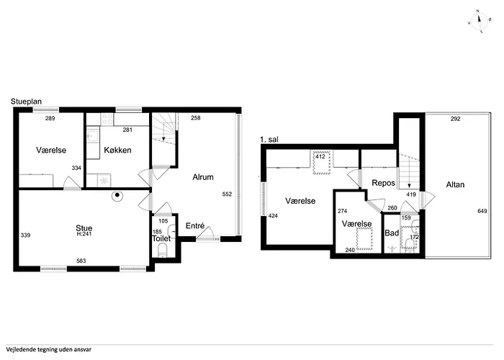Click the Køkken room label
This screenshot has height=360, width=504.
point(117,150)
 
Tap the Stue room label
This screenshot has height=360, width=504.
point(84,228)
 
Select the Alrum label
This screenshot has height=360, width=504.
point(203,177)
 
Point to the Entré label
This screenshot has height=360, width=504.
point(195,226)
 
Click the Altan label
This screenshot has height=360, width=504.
point(455,184)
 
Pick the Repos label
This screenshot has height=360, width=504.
point(383,183)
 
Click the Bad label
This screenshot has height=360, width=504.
point(392,233)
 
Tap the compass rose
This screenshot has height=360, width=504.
point(480,22)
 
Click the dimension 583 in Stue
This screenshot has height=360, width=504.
point(81,261)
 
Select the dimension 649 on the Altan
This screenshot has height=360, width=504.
point(482,211)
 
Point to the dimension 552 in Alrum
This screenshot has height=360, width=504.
point(227,194)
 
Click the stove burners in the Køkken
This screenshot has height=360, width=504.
point(107,120)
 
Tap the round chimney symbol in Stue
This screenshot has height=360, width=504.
point(117,195)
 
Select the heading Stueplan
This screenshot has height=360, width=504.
point(26,102)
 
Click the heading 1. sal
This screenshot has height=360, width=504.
point(269,140)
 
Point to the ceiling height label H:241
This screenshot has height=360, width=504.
point(84,234)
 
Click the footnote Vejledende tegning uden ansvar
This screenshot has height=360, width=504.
point(48,350)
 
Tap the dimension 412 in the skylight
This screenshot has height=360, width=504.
point(320,156)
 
